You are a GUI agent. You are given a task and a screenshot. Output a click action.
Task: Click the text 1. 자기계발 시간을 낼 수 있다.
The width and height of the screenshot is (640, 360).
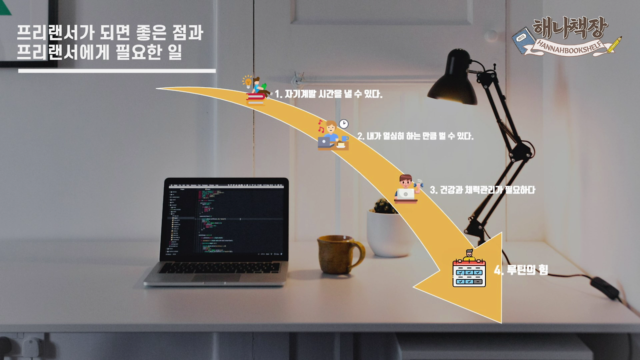point(328,94)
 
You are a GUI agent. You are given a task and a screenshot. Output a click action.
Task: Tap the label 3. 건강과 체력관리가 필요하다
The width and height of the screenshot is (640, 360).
point(482,190)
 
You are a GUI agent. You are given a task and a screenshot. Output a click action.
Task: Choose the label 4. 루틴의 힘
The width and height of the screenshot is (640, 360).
point(521,270)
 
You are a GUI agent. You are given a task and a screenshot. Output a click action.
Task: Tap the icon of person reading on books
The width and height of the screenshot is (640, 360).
point(256,91)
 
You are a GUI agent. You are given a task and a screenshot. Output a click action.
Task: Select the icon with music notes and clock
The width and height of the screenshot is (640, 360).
point(333,135)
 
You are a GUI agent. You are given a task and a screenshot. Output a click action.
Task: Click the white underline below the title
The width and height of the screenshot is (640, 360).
point(117,71)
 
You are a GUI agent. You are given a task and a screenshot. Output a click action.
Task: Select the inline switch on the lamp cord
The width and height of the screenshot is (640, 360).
point(604,288)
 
